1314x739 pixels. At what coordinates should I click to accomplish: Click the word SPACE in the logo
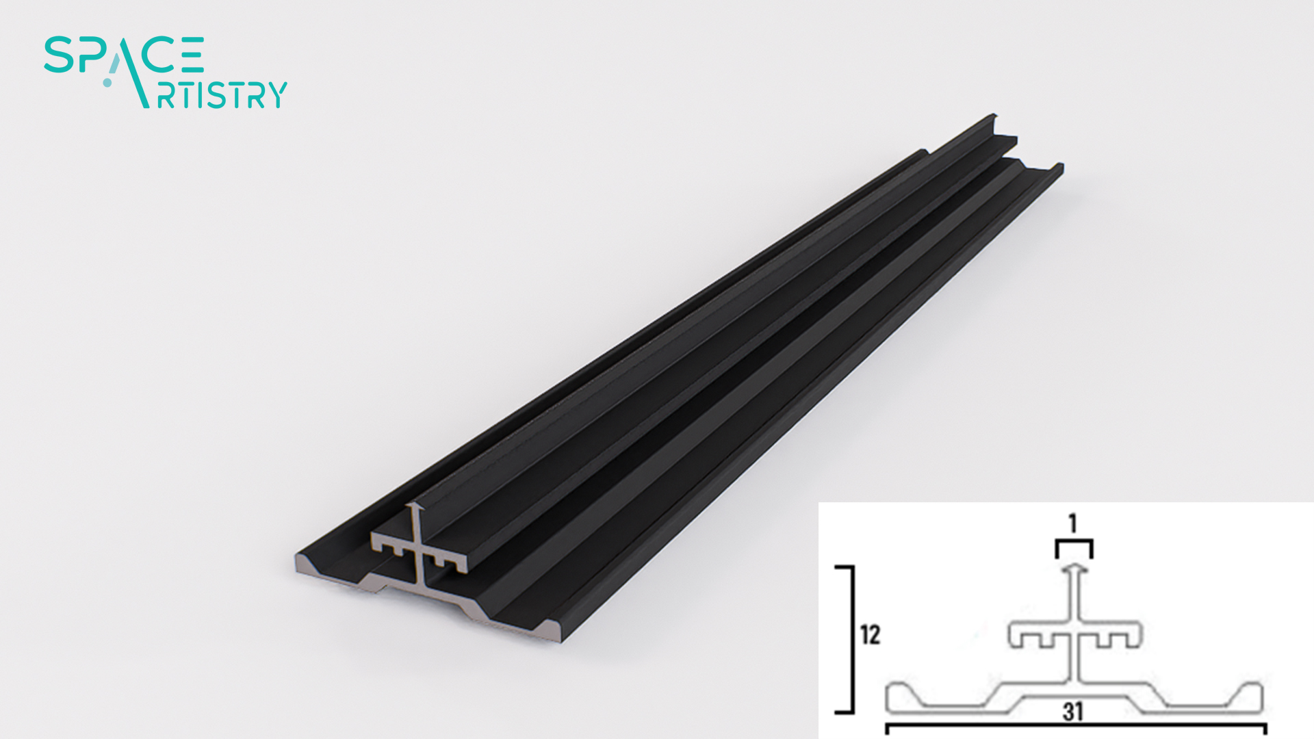(124, 55)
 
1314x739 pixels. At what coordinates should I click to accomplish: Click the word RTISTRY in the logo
(222, 94)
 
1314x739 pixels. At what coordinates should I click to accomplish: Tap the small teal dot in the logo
(107, 83)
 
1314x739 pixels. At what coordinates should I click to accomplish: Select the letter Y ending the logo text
(276, 94)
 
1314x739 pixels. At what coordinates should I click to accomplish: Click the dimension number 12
(870, 634)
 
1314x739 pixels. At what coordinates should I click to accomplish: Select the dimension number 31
(1073, 712)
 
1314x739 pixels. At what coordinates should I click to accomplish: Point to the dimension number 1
(1073, 523)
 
